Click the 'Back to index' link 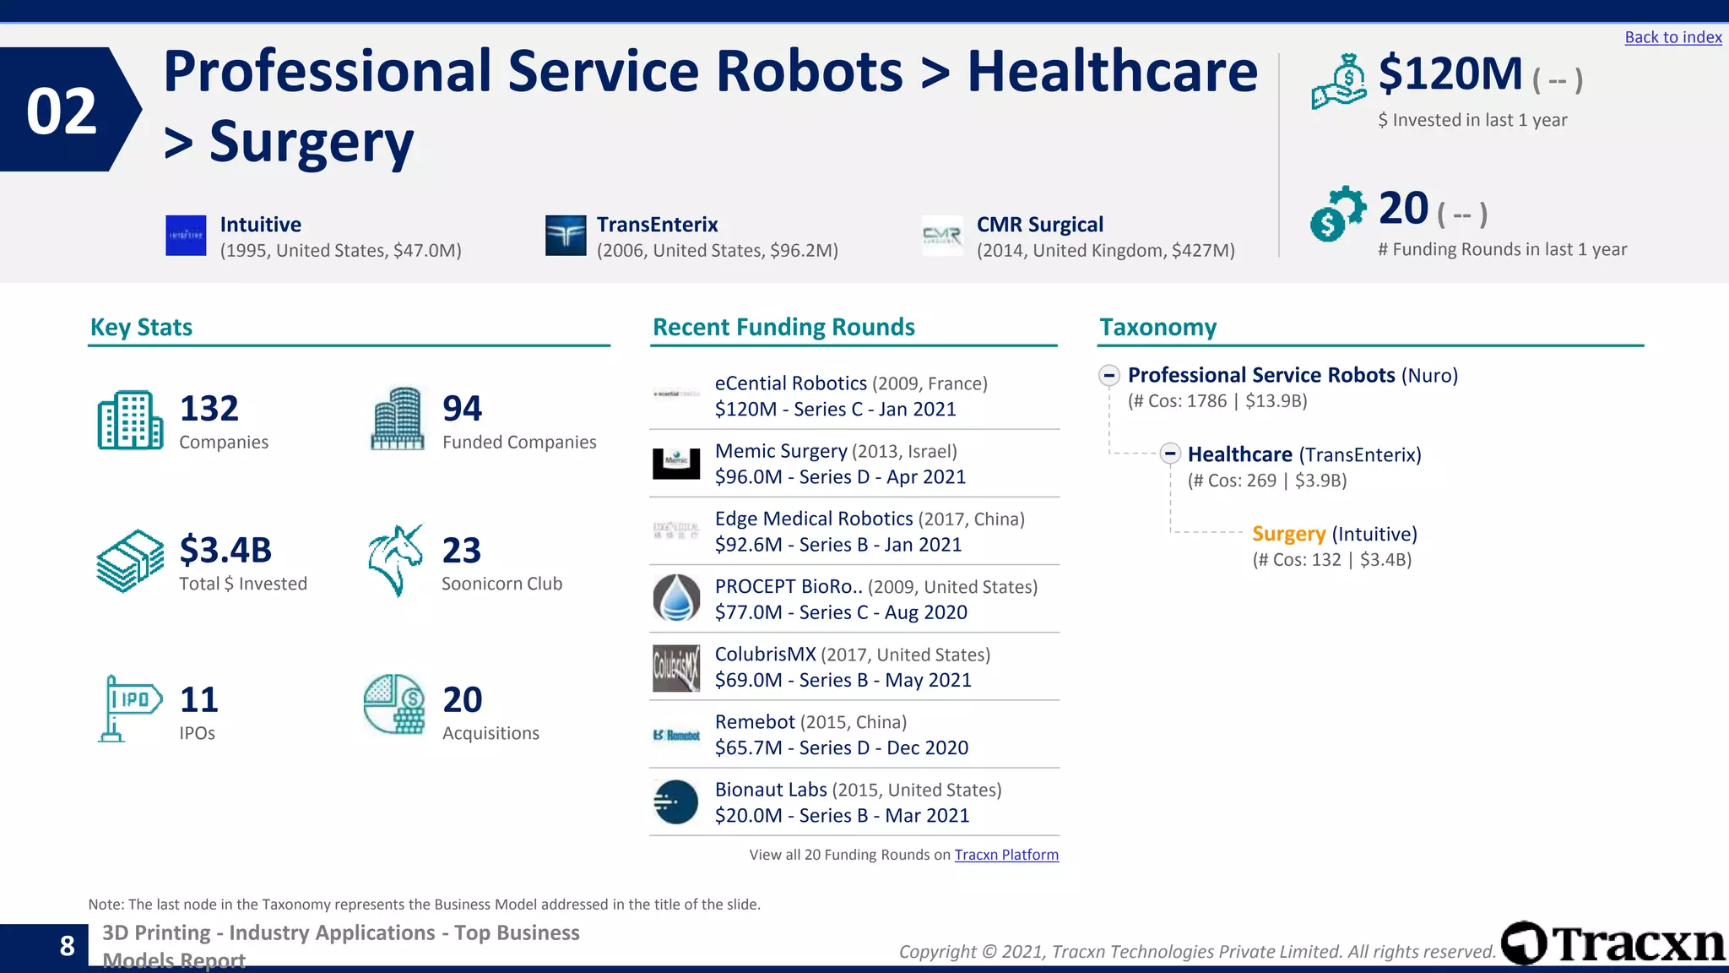click(x=1672, y=37)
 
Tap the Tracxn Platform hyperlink click(x=1006, y=855)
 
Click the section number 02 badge click(x=63, y=111)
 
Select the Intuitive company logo click(x=186, y=235)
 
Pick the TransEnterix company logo click(x=566, y=235)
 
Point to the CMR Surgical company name click(x=1039, y=225)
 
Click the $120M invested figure click(x=1450, y=74)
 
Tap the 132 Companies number click(x=209, y=409)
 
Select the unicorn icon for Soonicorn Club click(x=395, y=560)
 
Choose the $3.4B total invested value click(x=225, y=551)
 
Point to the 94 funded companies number click(x=463, y=409)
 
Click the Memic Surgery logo click(x=676, y=463)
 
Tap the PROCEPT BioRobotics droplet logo click(x=676, y=598)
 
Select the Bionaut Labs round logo click(x=676, y=802)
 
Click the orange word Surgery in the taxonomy click(x=1288, y=534)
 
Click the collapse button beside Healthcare click(x=1170, y=454)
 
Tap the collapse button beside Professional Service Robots click(x=1109, y=375)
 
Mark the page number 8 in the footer click(x=68, y=946)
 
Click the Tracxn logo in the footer click(x=1612, y=943)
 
